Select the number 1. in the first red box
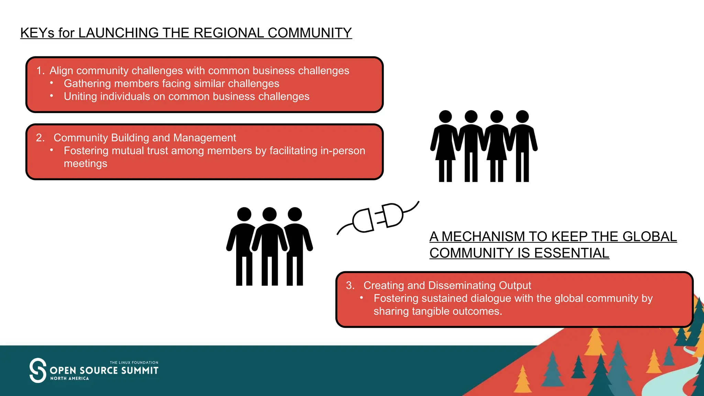pyautogui.click(x=41, y=71)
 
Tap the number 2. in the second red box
pyautogui.click(x=41, y=138)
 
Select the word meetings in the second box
pyautogui.click(x=85, y=164)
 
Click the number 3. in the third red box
pyautogui.click(x=350, y=285)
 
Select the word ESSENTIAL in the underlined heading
pyautogui.click(x=572, y=253)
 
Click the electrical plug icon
pyautogui.click(x=378, y=218)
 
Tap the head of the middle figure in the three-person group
pyautogui.click(x=269, y=214)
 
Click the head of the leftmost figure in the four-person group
pyautogui.click(x=445, y=117)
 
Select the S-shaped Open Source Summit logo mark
pyautogui.click(x=38, y=370)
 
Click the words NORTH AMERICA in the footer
pyautogui.click(x=70, y=378)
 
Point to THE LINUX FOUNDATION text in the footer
pyautogui.click(x=134, y=363)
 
